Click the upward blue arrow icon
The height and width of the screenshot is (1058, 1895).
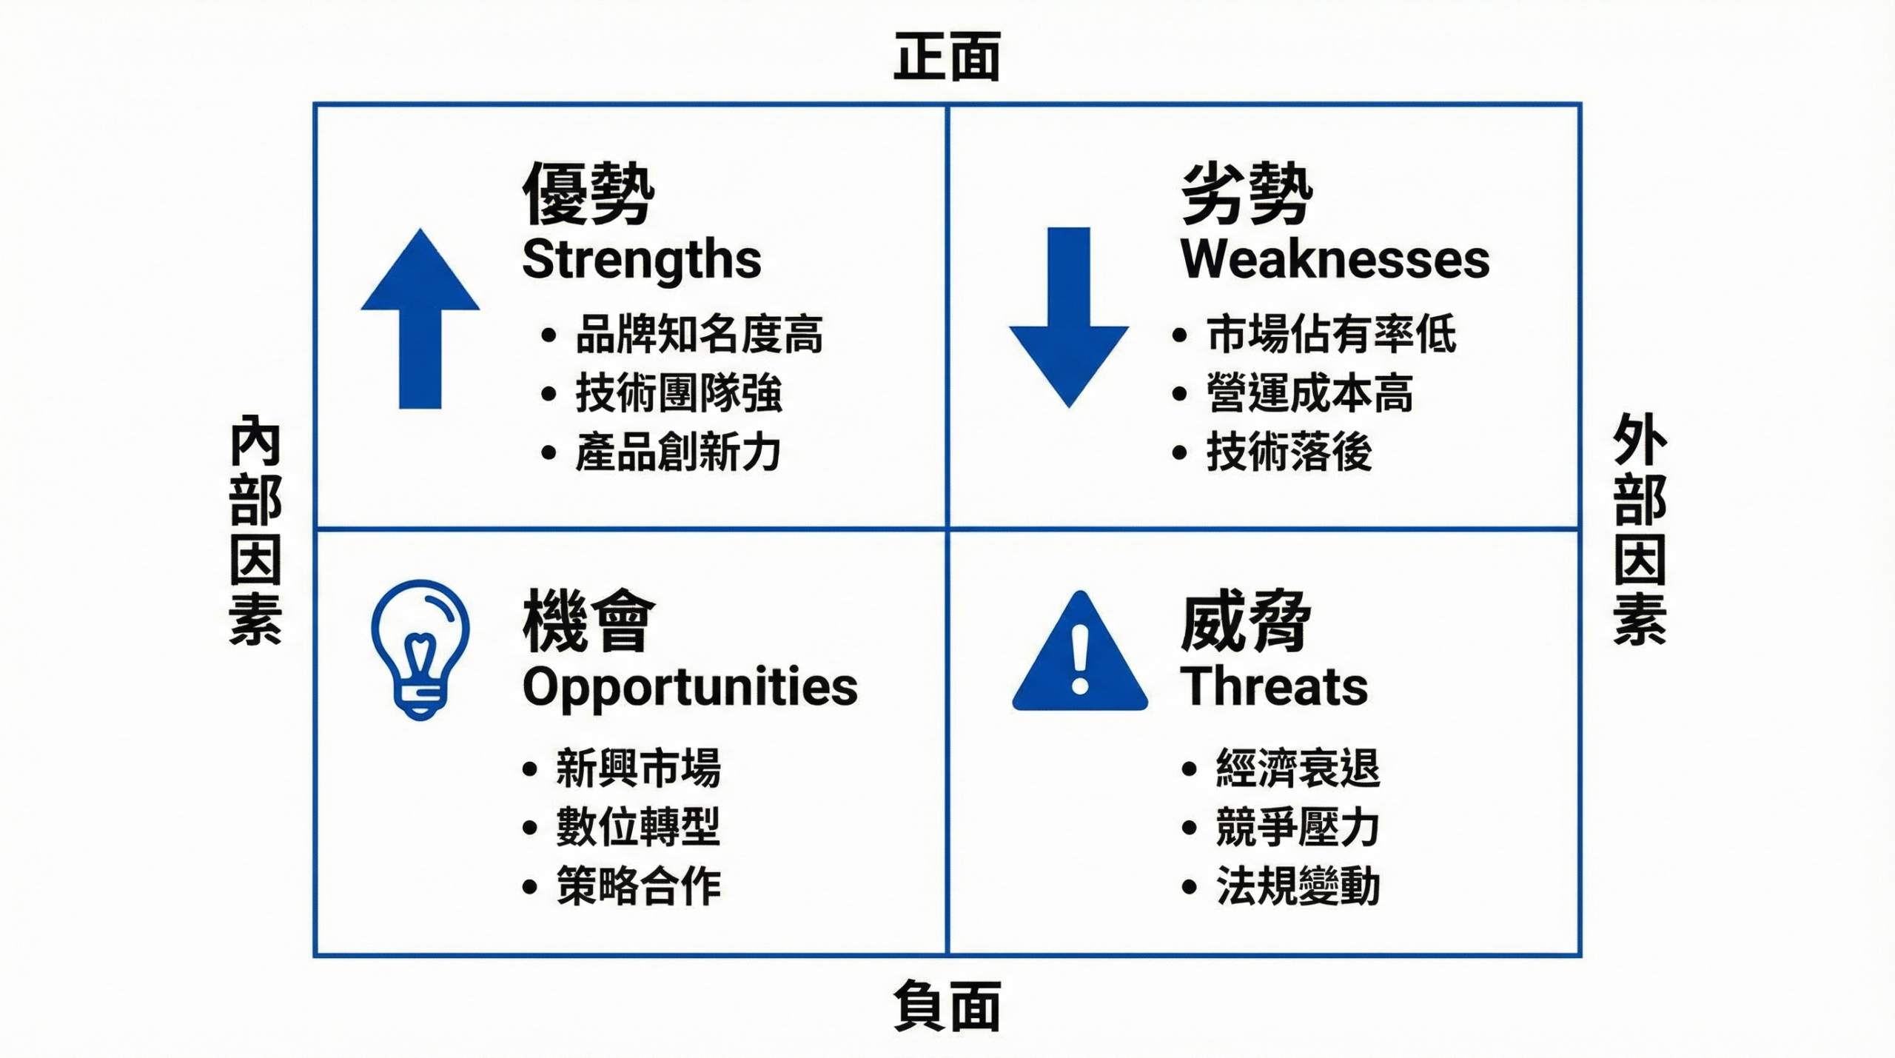[x=420, y=318]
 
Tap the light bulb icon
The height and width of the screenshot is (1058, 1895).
[x=420, y=649]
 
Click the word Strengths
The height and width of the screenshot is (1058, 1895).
[x=641, y=260]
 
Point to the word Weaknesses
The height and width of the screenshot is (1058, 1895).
[x=1335, y=260]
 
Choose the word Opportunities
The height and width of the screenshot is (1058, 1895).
[x=690, y=687]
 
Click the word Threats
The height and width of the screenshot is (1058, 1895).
[x=1273, y=687]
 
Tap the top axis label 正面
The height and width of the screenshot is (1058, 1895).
[x=947, y=57]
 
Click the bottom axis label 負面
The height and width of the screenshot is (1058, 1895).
[x=947, y=1005]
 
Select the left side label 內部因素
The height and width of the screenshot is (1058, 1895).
[x=255, y=530]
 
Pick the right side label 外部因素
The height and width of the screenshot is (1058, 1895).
[x=1639, y=530]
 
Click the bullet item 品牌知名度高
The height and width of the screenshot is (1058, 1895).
[x=699, y=335]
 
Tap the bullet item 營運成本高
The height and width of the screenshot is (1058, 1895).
[x=1309, y=393]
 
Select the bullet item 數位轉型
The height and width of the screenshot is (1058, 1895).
[x=638, y=827]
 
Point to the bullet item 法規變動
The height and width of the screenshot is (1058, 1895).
[x=1298, y=885]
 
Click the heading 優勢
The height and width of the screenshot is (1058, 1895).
[x=588, y=194]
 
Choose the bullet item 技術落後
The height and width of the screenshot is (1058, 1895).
[x=1289, y=452]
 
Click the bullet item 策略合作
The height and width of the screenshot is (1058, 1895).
[x=638, y=885]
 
